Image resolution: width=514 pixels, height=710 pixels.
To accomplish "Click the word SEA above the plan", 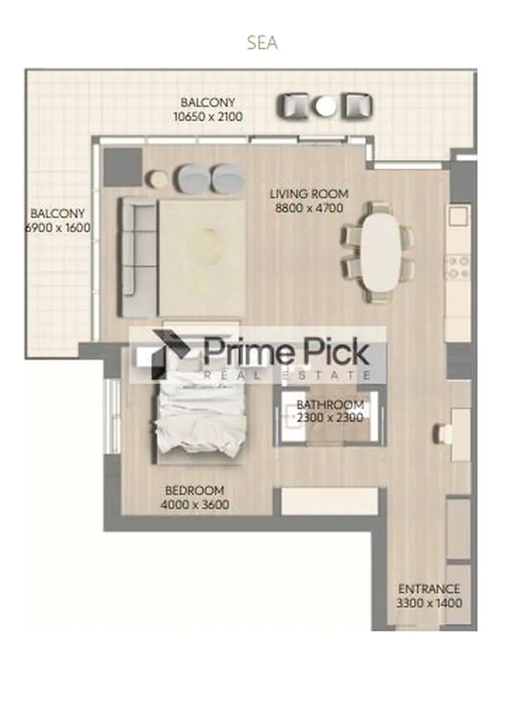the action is click(262, 43).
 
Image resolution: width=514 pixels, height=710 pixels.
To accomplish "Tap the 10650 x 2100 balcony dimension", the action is click(208, 116).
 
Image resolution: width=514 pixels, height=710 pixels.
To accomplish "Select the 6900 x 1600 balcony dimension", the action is click(57, 227).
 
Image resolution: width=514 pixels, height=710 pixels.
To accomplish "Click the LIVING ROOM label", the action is click(309, 194).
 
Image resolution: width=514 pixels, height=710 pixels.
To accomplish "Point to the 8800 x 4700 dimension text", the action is click(309, 208).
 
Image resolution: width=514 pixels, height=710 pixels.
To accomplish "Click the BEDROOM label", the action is click(195, 490).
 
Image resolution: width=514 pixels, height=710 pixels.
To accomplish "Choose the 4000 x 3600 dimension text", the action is click(195, 505).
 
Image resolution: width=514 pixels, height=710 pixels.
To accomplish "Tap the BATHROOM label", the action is click(330, 404).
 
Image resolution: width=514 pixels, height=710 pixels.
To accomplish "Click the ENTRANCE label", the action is click(429, 589).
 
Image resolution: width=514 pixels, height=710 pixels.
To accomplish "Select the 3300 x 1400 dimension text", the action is click(429, 603).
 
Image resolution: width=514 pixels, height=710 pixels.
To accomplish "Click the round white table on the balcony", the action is click(326, 106).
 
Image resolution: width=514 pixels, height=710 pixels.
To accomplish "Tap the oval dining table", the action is click(381, 252).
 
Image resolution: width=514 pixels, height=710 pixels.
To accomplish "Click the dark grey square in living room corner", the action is click(122, 166).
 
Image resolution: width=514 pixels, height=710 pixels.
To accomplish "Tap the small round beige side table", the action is click(158, 178).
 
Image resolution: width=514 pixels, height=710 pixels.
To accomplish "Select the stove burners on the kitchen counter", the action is click(458, 267).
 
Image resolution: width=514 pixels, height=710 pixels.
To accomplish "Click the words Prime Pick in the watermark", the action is click(286, 352).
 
